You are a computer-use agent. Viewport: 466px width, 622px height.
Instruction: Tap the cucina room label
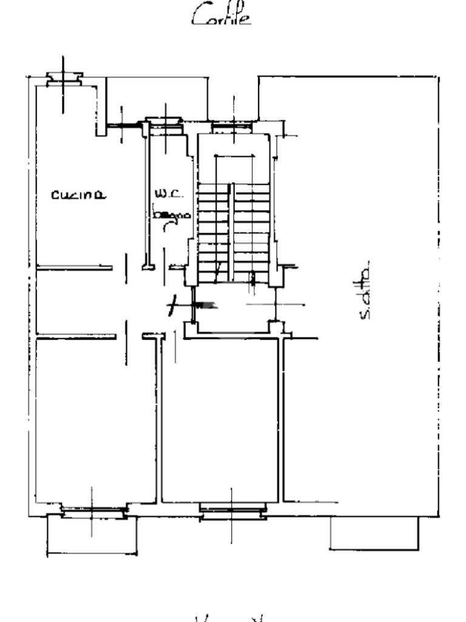click(x=78, y=195)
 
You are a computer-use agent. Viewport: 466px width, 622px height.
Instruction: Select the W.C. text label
click(x=165, y=194)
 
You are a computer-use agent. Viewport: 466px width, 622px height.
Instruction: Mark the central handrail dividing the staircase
click(x=230, y=231)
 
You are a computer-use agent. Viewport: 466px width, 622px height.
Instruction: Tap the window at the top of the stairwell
click(x=233, y=127)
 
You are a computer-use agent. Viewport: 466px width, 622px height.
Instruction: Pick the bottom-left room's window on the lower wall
click(x=92, y=512)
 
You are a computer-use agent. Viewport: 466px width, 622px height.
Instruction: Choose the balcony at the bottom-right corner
click(x=374, y=533)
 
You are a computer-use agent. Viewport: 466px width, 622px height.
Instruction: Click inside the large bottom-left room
click(x=94, y=419)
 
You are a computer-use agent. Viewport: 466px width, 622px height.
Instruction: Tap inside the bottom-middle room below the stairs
click(x=221, y=419)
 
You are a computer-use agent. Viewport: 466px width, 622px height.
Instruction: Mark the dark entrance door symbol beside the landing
click(x=206, y=305)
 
